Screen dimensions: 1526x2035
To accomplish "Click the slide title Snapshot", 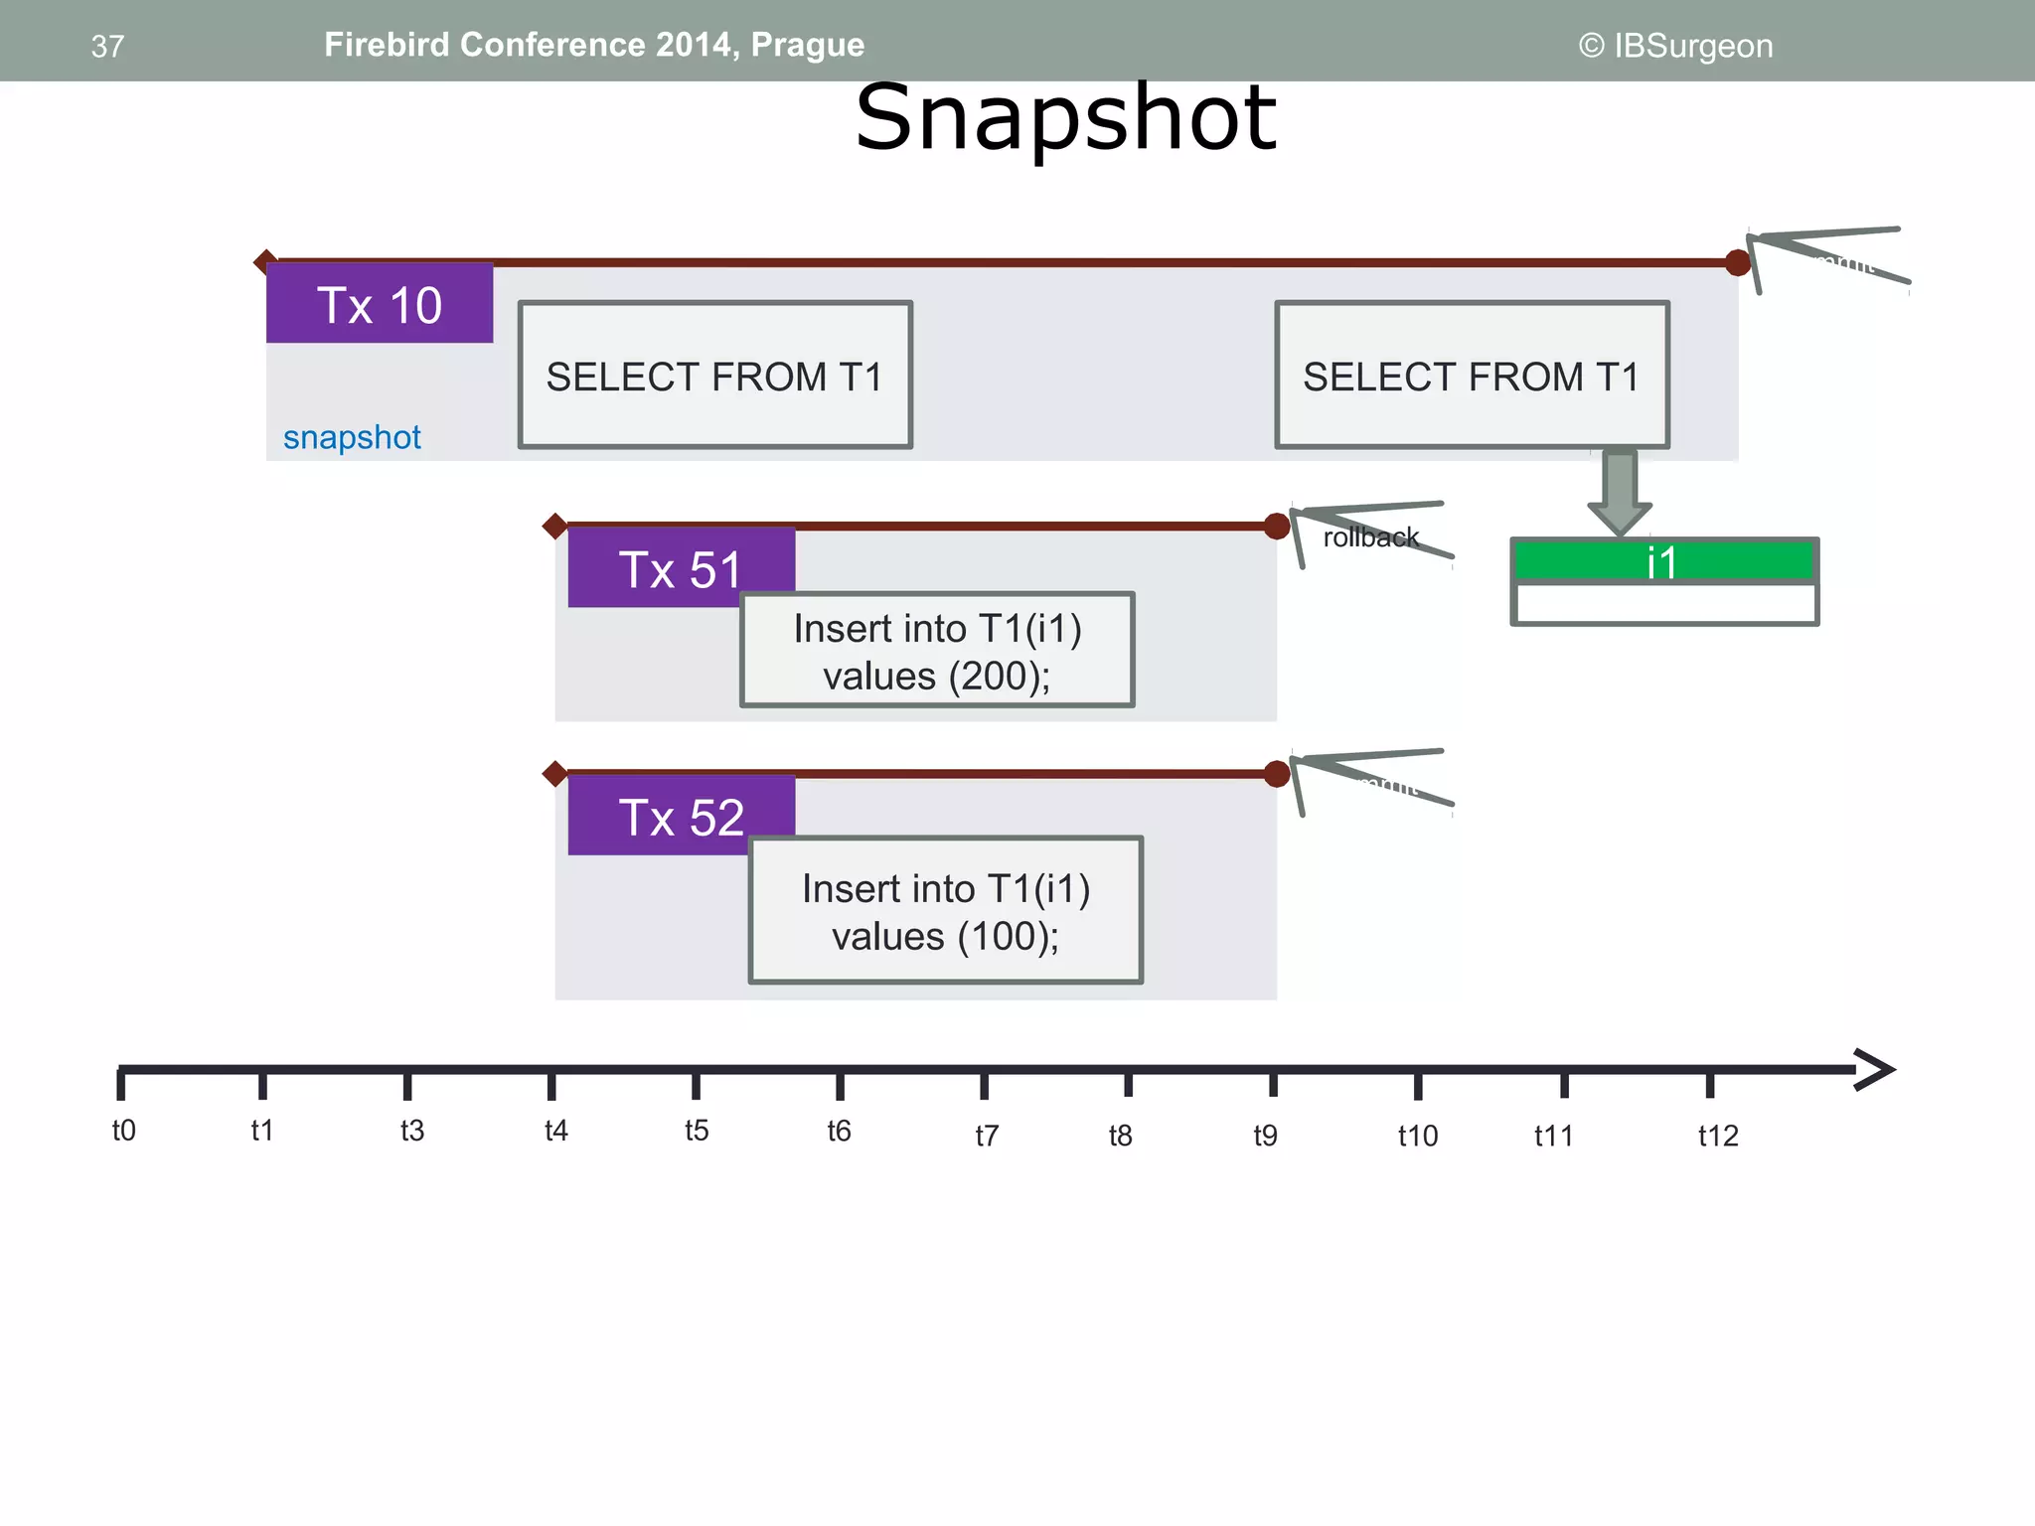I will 1065,119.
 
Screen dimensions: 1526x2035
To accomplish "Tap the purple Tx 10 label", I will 379,305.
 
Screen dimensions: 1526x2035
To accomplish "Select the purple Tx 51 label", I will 680,568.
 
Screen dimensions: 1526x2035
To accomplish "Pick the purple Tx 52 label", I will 680,817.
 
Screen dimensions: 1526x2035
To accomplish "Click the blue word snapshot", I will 352,437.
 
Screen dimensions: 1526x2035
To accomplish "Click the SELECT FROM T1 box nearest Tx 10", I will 714,376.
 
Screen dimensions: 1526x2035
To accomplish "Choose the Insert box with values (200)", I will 937,651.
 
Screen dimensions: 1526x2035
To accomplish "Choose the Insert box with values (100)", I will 945,910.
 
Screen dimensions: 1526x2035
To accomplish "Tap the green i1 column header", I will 1662,561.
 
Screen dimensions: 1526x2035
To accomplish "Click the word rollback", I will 1370,537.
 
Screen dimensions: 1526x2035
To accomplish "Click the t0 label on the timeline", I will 123,1131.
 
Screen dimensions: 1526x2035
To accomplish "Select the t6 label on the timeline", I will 839,1131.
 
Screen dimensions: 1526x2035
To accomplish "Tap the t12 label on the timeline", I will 1717,1136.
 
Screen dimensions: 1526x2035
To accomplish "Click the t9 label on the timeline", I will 1265,1136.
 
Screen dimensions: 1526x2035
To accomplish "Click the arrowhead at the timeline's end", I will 1876,1070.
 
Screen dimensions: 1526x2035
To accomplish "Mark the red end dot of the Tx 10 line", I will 1738,263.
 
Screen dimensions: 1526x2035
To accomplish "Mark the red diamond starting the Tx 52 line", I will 554,773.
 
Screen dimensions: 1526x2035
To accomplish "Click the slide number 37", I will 107,46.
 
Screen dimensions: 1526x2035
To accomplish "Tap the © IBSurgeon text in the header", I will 1675,46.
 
